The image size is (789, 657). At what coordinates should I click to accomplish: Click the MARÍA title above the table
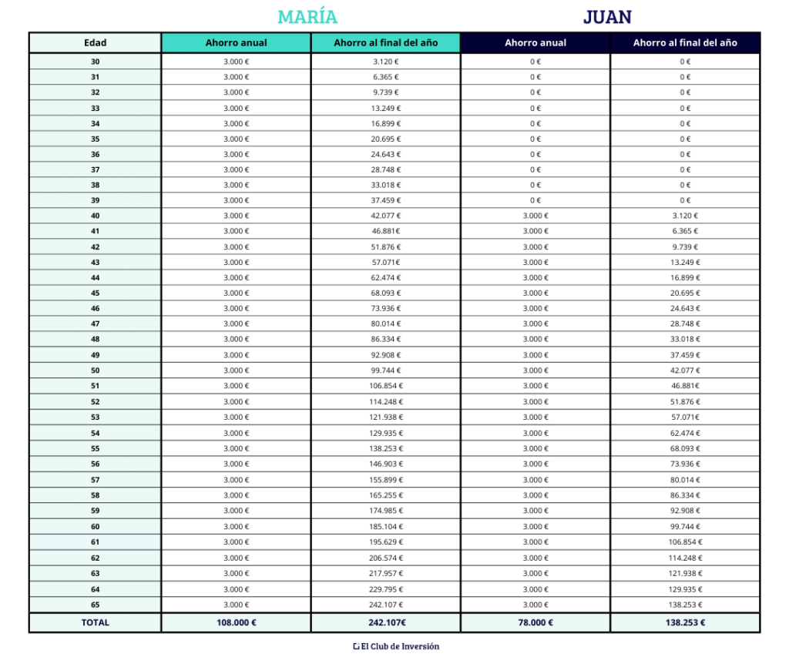tap(307, 17)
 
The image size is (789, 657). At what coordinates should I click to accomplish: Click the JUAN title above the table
tap(607, 17)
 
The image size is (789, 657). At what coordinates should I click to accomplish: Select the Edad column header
tap(95, 43)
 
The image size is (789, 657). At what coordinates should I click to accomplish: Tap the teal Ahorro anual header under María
tap(236, 43)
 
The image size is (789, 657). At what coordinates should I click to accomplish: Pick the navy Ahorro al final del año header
tap(685, 43)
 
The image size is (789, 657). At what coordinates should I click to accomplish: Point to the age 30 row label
tap(95, 62)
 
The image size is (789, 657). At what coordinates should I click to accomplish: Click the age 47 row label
tap(95, 324)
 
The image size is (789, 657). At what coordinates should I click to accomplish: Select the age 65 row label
tap(95, 605)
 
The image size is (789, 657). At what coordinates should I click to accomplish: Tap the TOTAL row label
tap(95, 622)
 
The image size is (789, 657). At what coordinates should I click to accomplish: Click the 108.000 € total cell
tap(236, 622)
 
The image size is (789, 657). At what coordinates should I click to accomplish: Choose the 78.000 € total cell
tap(535, 622)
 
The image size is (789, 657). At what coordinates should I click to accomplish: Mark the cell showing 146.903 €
tap(385, 464)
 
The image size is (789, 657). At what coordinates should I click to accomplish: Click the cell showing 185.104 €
tap(385, 527)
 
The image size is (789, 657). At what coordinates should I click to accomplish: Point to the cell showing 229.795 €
tap(385, 589)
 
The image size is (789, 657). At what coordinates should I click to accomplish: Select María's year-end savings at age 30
tap(385, 62)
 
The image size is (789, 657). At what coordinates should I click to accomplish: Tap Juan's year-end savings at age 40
tap(685, 216)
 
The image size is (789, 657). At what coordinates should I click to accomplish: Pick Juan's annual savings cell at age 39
tap(535, 200)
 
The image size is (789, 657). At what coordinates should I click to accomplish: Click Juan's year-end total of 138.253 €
tap(685, 622)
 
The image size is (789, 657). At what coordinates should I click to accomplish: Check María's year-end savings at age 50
tap(385, 370)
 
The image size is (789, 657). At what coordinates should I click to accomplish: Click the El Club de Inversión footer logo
tap(395, 647)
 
